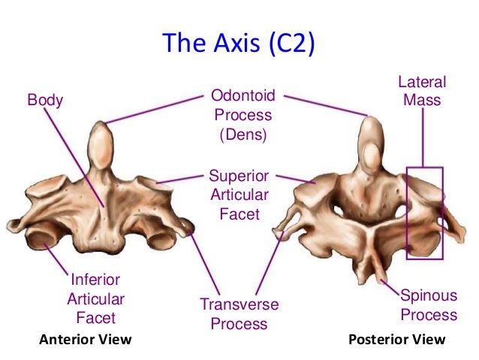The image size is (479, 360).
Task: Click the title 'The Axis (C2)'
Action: coord(239,43)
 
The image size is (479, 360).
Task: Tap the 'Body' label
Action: coord(45,99)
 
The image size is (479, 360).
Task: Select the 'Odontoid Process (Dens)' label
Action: coord(243,116)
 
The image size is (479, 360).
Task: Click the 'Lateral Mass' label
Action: coord(422,90)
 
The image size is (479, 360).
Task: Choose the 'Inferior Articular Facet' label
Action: coord(96,298)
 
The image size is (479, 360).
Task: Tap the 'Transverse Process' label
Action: coord(239,314)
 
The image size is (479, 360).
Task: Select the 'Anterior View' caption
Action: coord(85,340)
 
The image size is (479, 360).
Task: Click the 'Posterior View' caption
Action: coord(397,340)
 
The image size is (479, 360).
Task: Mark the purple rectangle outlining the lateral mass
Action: coord(425,213)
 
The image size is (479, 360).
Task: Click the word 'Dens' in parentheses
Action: coord(243,136)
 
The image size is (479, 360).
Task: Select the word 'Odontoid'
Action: coord(243,96)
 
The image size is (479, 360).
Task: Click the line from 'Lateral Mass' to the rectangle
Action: coord(422,135)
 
